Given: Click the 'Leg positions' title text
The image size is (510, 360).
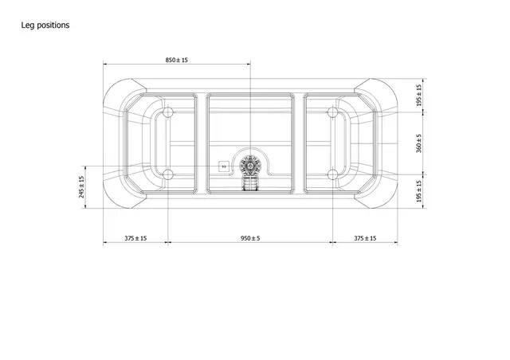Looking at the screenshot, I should pyautogui.click(x=45, y=25).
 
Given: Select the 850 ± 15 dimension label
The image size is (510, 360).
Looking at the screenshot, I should pyautogui.click(x=177, y=61).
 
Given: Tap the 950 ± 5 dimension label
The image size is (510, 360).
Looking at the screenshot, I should pyautogui.click(x=250, y=238).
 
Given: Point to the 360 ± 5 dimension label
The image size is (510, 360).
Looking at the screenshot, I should pyautogui.click(x=419, y=143).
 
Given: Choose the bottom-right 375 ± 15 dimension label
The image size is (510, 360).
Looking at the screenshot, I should pyautogui.click(x=364, y=238).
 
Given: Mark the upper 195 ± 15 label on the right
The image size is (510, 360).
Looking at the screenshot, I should pyautogui.click(x=419, y=96).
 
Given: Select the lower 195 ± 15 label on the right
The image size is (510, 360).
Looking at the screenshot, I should pyautogui.click(x=419, y=192).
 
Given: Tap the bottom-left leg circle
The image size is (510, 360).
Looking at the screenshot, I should pyautogui.click(x=168, y=174).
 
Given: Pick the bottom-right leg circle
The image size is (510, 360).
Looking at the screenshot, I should pyautogui.click(x=332, y=174).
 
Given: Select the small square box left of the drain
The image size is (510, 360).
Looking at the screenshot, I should pyautogui.click(x=224, y=167).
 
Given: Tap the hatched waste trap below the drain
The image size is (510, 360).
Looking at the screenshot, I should pyautogui.click(x=250, y=185).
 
